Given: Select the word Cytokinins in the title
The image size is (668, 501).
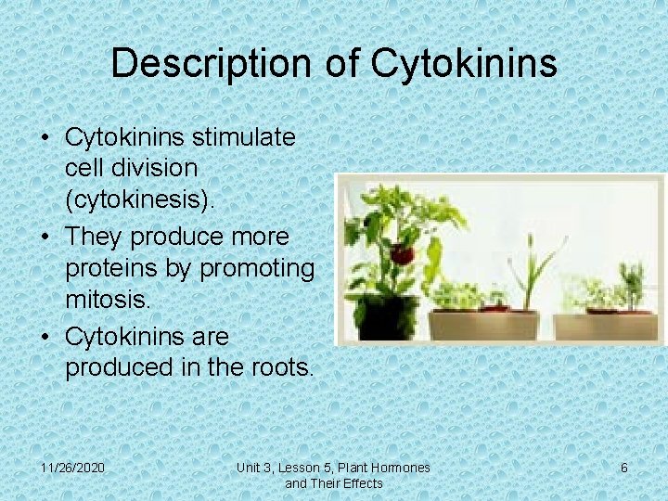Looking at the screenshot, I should (x=464, y=63).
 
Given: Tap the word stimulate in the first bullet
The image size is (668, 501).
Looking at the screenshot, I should (x=245, y=138).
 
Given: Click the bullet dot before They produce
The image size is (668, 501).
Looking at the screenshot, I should (x=45, y=237).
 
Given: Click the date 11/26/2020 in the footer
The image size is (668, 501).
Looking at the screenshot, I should (x=73, y=468).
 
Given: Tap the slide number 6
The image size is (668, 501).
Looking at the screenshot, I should (x=623, y=468).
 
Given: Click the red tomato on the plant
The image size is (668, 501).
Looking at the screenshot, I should (x=401, y=253).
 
